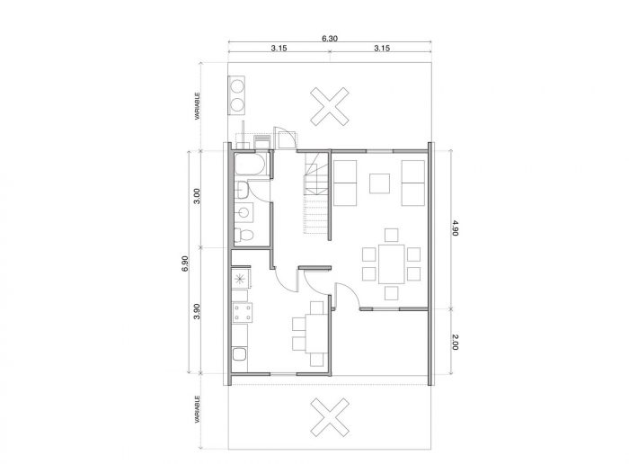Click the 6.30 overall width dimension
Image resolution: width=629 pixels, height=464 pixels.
tap(330, 39)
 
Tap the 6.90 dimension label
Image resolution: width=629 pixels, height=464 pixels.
tap(185, 263)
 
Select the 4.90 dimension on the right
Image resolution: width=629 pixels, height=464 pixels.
tap(455, 228)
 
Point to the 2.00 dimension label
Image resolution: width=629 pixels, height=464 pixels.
tap(455, 342)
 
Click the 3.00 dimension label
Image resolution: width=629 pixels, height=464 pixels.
tap(197, 196)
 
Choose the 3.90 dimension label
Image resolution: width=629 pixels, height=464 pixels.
tap(197, 311)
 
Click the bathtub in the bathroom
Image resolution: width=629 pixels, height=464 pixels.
tap(250, 165)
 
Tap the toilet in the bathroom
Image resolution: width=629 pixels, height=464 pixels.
tap(244, 235)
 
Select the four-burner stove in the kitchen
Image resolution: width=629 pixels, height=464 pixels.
tap(243, 313)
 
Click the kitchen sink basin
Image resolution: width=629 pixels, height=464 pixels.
tap(240, 355)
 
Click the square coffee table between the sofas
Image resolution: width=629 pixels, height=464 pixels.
tap(379, 183)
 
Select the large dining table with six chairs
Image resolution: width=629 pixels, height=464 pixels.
tap(392, 264)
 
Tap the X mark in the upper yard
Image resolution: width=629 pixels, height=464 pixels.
tap(330, 106)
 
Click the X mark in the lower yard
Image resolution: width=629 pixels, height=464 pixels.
tap(330, 417)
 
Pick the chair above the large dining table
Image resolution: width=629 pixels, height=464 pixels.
tap(391, 236)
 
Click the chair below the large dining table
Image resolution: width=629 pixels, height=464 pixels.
tap(391, 293)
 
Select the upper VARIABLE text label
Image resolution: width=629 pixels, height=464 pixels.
tap(197, 106)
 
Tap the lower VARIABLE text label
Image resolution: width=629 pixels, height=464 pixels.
tap(197, 409)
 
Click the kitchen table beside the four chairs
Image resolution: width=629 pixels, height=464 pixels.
tap(318, 334)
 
